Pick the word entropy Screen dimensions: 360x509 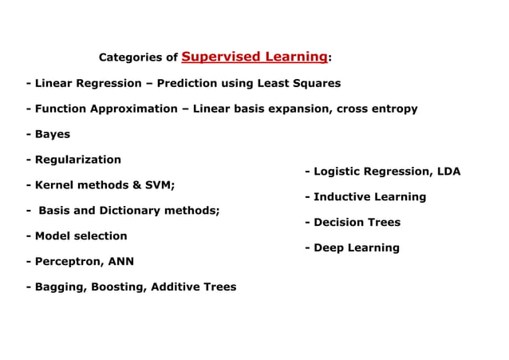[393, 109]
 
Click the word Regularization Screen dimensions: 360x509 [77, 160]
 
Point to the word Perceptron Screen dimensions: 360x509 [67, 262]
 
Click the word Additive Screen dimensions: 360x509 [176, 287]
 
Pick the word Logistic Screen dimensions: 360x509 [339, 172]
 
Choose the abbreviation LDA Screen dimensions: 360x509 [446, 172]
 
